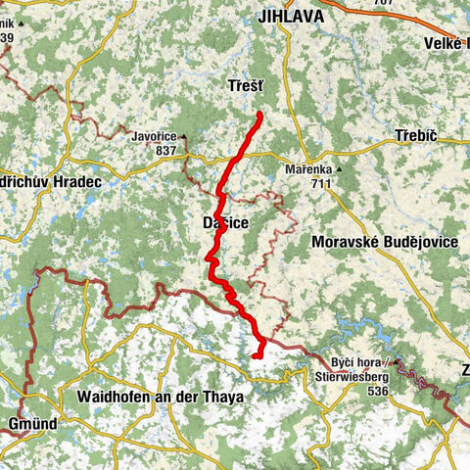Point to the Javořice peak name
pyautogui.click(x=153, y=137)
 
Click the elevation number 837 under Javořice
pyautogui.click(x=165, y=151)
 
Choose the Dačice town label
pyautogui.click(x=224, y=224)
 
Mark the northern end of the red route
pyautogui.click(x=260, y=116)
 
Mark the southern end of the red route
pyautogui.click(x=255, y=356)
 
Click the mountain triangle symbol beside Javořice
pyautogui.click(x=183, y=137)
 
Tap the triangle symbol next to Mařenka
pyautogui.click(x=339, y=169)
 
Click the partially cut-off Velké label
pyautogui.click(x=446, y=42)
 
